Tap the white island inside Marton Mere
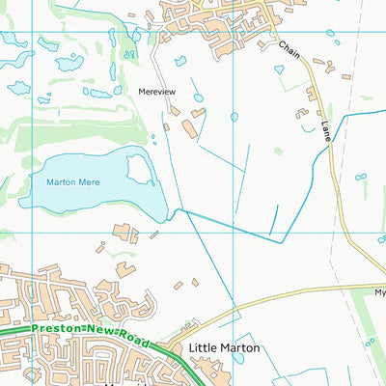[140, 169]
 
